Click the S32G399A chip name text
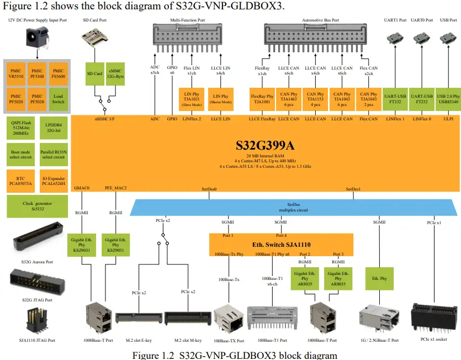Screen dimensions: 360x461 tap(264, 146)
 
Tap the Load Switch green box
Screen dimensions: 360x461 tap(58, 98)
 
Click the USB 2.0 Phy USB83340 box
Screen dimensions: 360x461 tap(448, 98)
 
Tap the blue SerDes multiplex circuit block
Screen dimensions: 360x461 tap(293, 207)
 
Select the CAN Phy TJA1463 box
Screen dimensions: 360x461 tap(289, 98)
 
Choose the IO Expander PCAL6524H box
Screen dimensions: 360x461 tap(53, 180)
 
